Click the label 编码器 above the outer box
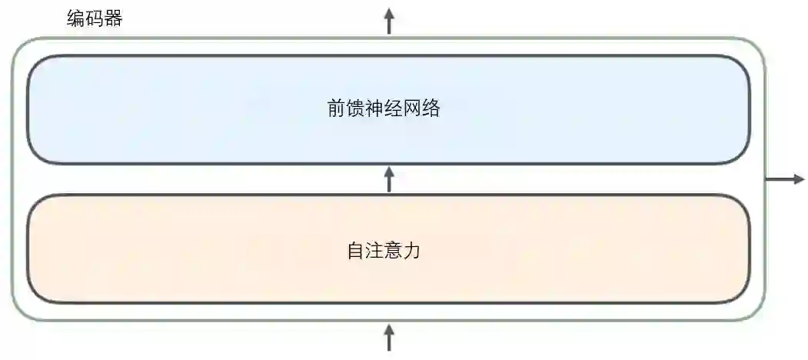pos(95,18)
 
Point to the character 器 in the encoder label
pos(114,18)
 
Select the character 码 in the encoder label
pos(95,18)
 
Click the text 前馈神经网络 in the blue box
pos(384,108)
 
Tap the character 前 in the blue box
pos(337,108)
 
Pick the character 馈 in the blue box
pos(355,108)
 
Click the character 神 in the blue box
pos(374,108)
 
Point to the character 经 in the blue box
pos(393,108)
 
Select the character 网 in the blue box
pos(412,108)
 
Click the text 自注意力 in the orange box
pos(384,251)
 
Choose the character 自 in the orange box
pos(356,251)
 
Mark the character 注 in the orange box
pos(374,251)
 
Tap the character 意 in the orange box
pos(393,251)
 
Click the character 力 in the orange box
pos(412,251)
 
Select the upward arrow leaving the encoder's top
pos(389,21)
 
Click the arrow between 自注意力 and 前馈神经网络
pos(389,179)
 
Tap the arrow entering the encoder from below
pos(389,338)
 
